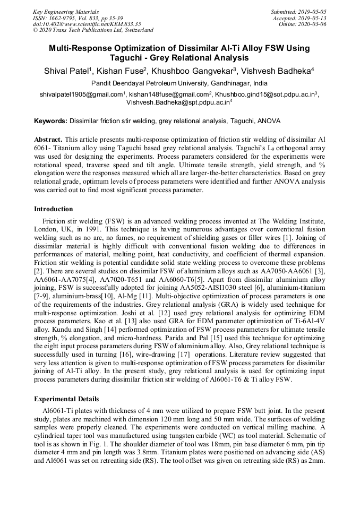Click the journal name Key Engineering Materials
[65, 11]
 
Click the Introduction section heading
[54, 209]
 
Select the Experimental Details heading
[66, 399]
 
